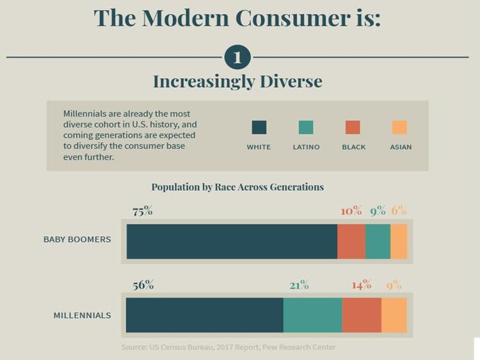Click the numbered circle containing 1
(x=237, y=58)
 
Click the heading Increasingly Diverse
(x=237, y=81)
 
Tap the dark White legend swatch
(x=259, y=127)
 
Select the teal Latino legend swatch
(x=306, y=127)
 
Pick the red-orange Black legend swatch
(x=353, y=127)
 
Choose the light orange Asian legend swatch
(x=400, y=127)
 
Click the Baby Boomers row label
(x=77, y=240)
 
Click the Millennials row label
(x=82, y=315)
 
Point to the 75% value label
(x=142, y=212)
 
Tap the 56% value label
(x=143, y=285)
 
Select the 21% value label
(x=299, y=285)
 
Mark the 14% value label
(x=362, y=285)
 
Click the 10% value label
(x=351, y=212)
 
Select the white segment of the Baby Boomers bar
(x=232, y=241)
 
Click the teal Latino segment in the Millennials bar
(x=312, y=315)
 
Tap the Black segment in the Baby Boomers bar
(x=351, y=241)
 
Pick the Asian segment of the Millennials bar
(x=394, y=315)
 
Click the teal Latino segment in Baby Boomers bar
(x=378, y=241)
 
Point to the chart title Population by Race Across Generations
(x=237, y=187)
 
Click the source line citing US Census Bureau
(x=228, y=347)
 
